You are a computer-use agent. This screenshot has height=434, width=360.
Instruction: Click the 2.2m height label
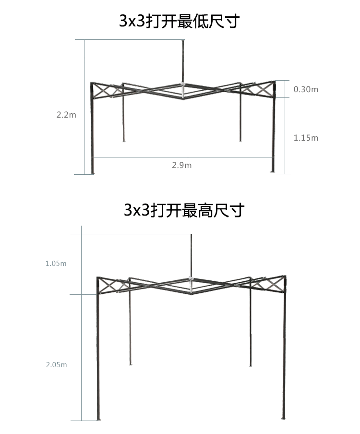(x=66, y=115)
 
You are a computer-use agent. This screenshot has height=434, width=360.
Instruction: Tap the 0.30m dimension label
(x=306, y=89)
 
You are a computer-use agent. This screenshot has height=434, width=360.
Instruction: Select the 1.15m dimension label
(x=306, y=138)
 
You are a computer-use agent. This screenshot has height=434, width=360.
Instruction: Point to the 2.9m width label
(x=181, y=165)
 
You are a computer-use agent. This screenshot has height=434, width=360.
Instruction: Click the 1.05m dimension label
(x=56, y=264)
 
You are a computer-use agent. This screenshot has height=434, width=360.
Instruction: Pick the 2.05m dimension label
(x=56, y=365)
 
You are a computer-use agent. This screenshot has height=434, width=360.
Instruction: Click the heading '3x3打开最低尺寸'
(x=179, y=21)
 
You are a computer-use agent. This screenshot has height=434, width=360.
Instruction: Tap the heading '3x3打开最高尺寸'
(x=184, y=210)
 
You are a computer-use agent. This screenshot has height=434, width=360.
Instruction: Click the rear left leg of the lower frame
(x=130, y=331)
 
